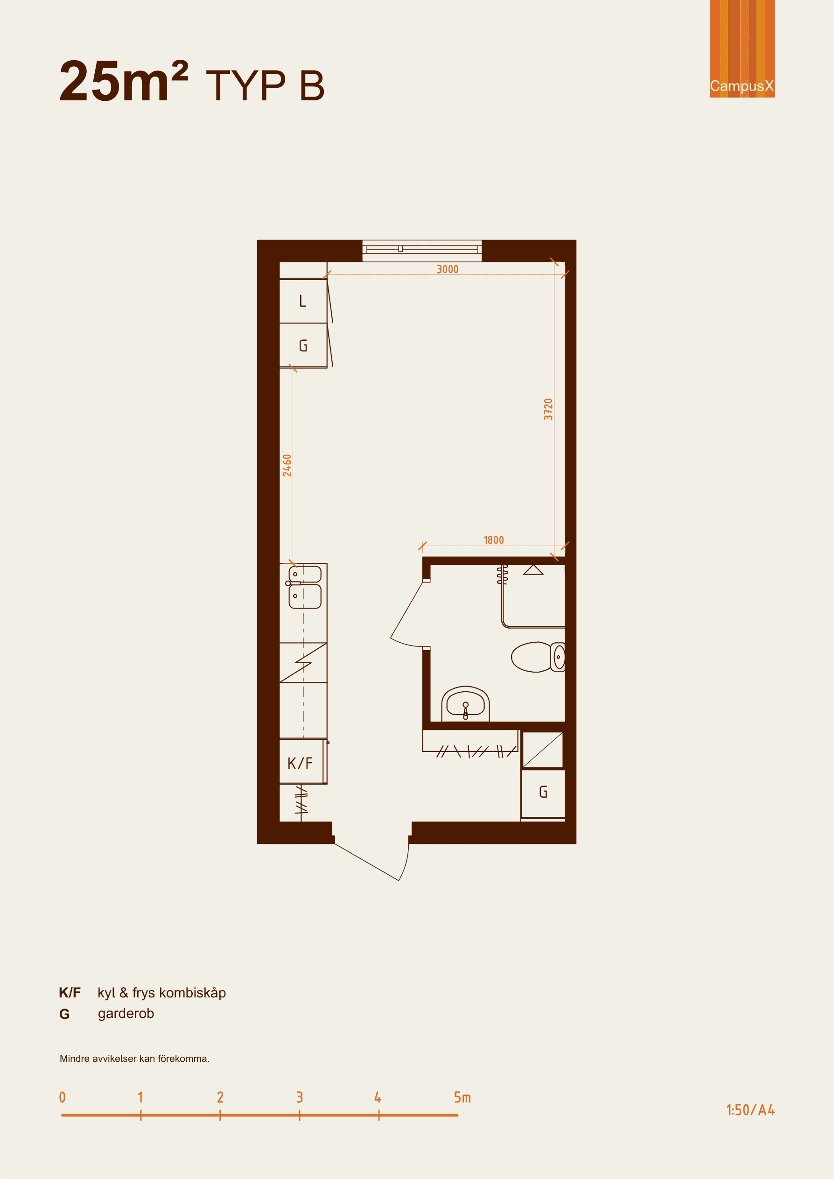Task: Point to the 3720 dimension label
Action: point(548,409)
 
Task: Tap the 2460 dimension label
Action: point(287,465)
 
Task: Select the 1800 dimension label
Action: point(493,540)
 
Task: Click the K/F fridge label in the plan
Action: point(301,764)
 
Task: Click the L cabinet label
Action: point(303,302)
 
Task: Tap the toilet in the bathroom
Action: point(538,657)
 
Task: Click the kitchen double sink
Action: point(304,586)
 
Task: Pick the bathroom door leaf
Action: point(406,610)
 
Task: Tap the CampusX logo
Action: point(742,49)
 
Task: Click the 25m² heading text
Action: point(124,81)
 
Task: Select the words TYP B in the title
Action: point(266,85)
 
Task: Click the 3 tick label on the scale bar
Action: point(300,1098)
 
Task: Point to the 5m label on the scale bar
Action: point(462,1098)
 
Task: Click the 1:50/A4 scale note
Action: point(750,1110)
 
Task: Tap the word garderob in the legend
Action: point(126,1014)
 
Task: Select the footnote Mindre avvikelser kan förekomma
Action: point(134,1059)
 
